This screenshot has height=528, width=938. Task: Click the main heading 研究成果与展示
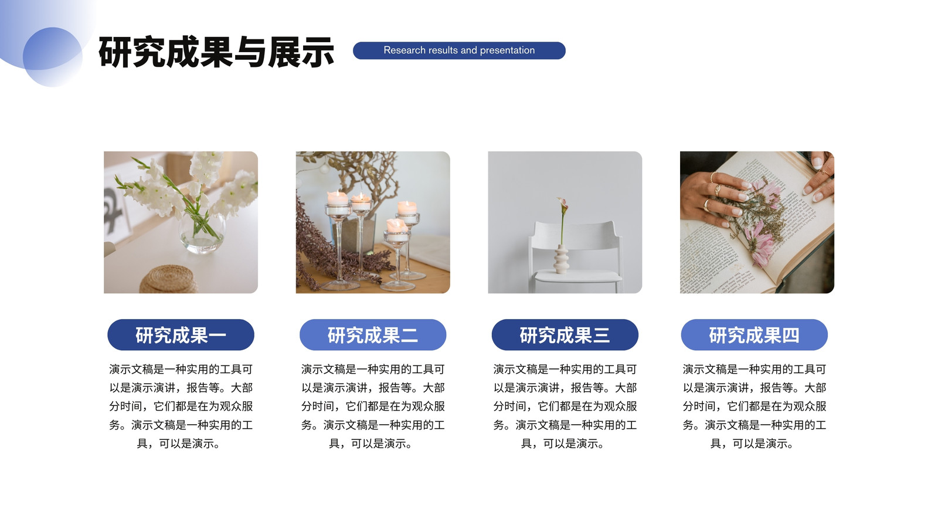[x=216, y=52]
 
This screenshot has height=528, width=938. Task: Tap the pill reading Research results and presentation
[x=459, y=50]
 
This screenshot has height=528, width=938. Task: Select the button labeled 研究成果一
[x=181, y=335]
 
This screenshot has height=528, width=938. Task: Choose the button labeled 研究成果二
[x=373, y=335]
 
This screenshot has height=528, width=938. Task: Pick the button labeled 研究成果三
[x=565, y=335]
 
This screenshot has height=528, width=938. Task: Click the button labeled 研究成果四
[x=754, y=335]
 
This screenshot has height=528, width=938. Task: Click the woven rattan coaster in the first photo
[x=169, y=279]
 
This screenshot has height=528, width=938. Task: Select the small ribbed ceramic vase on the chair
[x=561, y=259]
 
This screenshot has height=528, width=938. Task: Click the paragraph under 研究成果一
[x=181, y=406]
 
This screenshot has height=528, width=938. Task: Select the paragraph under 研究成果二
[x=373, y=406]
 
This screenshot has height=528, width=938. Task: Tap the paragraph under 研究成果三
[x=565, y=406]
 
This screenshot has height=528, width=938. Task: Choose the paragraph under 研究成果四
[x=754, y=406]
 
